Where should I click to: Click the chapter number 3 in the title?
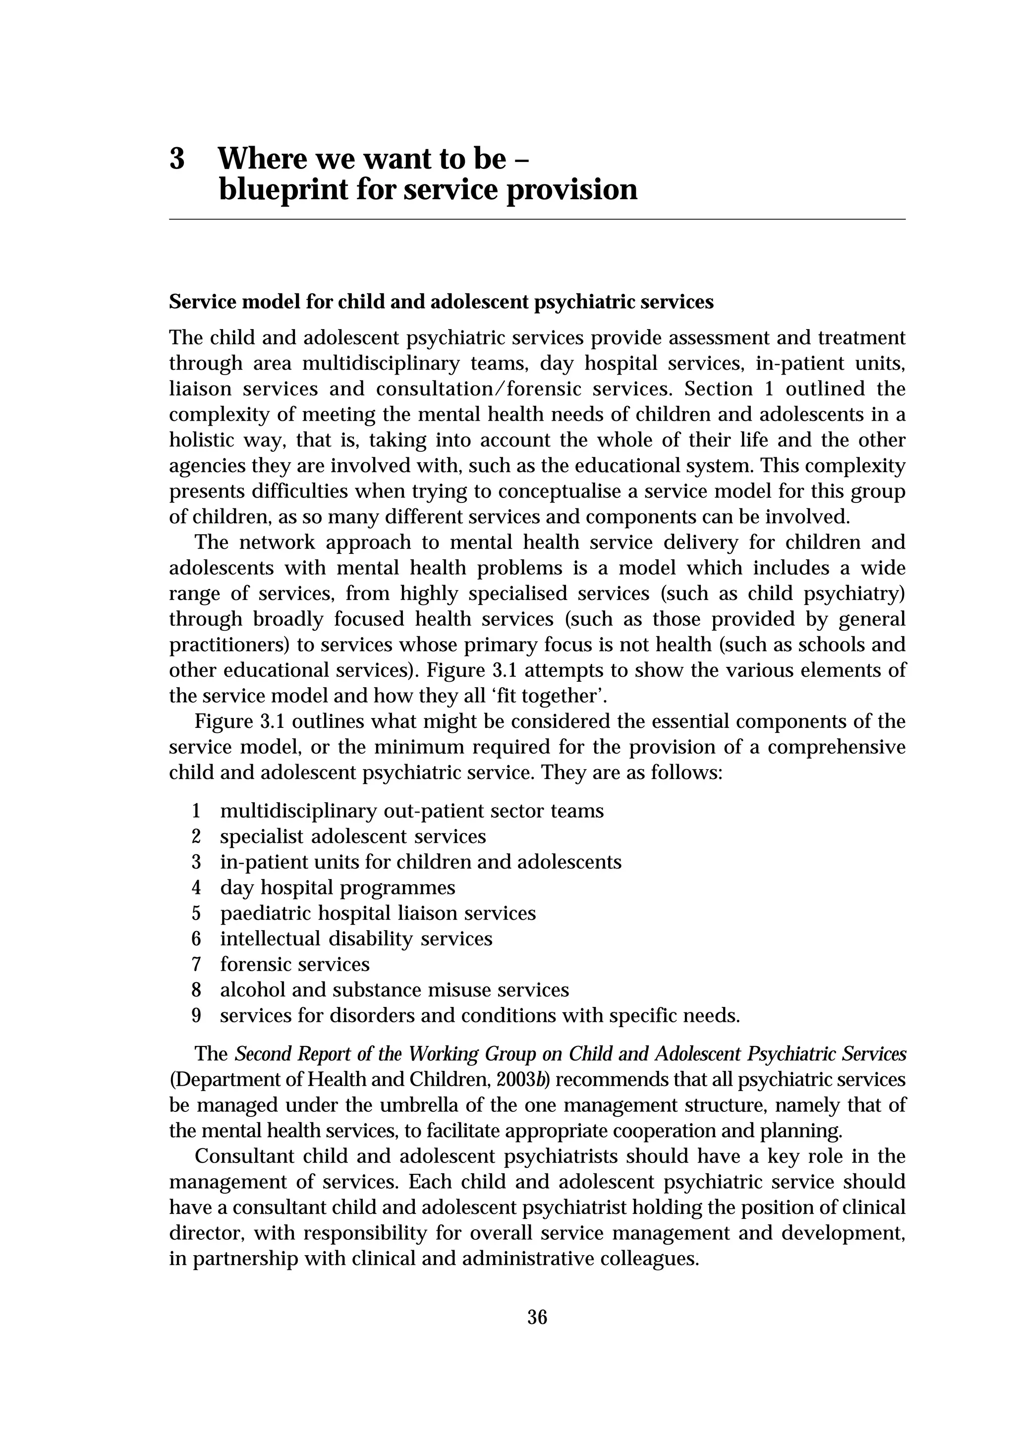point(177,159)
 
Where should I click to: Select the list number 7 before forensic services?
point(196,964)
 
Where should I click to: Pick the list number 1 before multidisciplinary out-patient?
point(196,811)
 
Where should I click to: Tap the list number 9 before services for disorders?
point(196,1016)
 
